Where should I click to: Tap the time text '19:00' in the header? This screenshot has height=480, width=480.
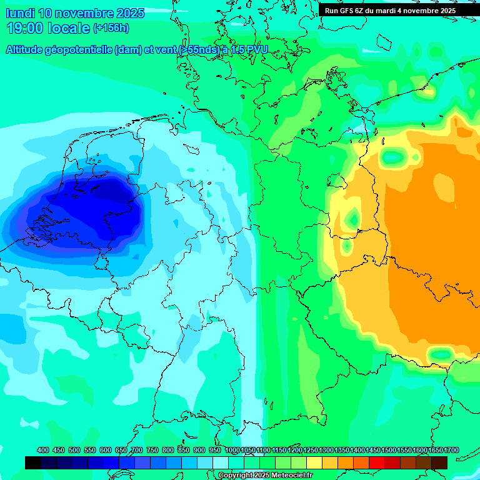click(x=24, y=28)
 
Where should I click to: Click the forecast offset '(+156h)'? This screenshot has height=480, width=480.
click(x=111, y=28)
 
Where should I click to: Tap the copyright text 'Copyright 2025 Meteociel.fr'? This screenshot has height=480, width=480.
click(x=266, y=476)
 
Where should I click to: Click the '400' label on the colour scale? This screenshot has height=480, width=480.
click(x=43, y=451)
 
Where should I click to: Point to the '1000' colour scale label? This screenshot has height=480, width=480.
click(x=232, y=451)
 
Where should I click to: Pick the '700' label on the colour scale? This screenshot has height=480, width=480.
click(x=137, y=451)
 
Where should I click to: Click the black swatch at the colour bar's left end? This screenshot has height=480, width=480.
click(x=33, y=462)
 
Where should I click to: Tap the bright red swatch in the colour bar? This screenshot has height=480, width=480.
click(x=377, y=462)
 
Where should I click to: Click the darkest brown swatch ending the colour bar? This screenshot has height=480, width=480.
click(x=439, y=462)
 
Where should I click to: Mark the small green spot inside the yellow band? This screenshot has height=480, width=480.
click(x=353, y=219)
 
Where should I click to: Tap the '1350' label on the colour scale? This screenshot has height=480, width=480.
click(x=342, y=451)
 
